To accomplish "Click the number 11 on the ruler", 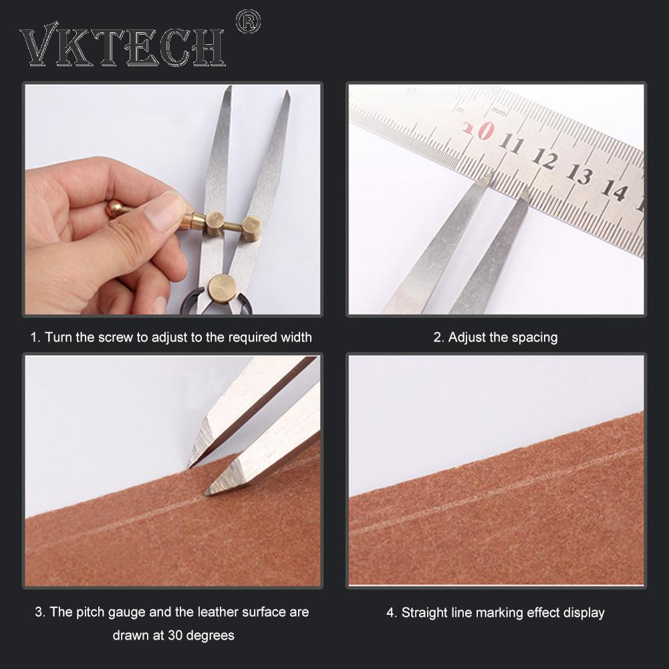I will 512,143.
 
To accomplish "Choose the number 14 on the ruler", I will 613,190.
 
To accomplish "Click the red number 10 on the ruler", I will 479,128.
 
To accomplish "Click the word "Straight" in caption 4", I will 426,612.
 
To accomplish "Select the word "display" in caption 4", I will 583,612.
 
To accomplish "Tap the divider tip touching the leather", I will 209,493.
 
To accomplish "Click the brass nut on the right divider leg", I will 251,228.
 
